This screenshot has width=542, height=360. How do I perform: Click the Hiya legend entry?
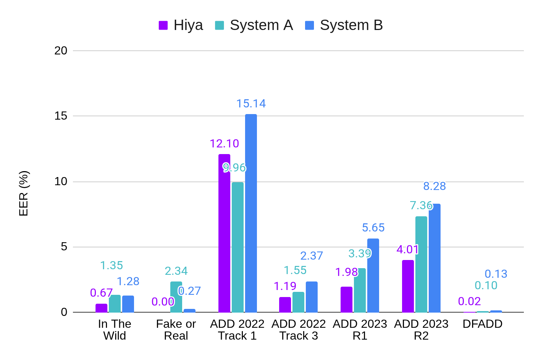tap(181, 25)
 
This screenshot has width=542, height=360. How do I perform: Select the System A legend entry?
tap(254, 25)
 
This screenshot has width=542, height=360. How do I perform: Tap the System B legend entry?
tap(344, 25)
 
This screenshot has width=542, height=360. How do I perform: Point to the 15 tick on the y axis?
tap(61, 116)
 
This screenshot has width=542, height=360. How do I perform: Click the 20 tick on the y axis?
tap(61, 51)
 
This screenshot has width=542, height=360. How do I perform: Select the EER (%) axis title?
tap(24, 193)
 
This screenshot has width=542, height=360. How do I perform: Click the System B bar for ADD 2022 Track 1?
tap(251, 213)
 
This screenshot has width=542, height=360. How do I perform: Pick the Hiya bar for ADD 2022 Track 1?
tap(224, 233)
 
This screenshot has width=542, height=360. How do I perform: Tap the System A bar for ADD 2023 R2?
tap(421, 264)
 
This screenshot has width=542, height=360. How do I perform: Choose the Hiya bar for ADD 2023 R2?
tap(408, 286)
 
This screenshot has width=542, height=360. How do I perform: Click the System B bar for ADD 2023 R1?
tap(373, 275)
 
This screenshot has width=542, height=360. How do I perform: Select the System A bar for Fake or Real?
tap(176, 297)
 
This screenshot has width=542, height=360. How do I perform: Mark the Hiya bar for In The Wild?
tap(101, 308)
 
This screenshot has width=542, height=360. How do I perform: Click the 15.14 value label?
tap(251, 104)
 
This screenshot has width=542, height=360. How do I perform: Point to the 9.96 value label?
tap(235, 168)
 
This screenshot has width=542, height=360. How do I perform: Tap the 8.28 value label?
tap(435, 186)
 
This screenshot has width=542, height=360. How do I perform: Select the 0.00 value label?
tap(163, 302)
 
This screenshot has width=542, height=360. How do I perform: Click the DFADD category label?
tap(482, 324)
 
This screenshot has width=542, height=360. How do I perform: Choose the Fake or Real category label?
tap(176, 330)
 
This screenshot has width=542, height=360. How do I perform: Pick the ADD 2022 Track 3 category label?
tap(298, 330)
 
